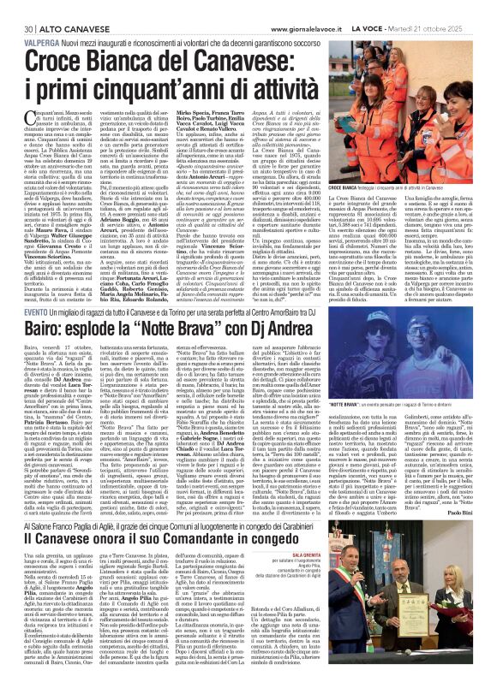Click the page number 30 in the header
pos(17,7)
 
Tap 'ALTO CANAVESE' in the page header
pos(53,7)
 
